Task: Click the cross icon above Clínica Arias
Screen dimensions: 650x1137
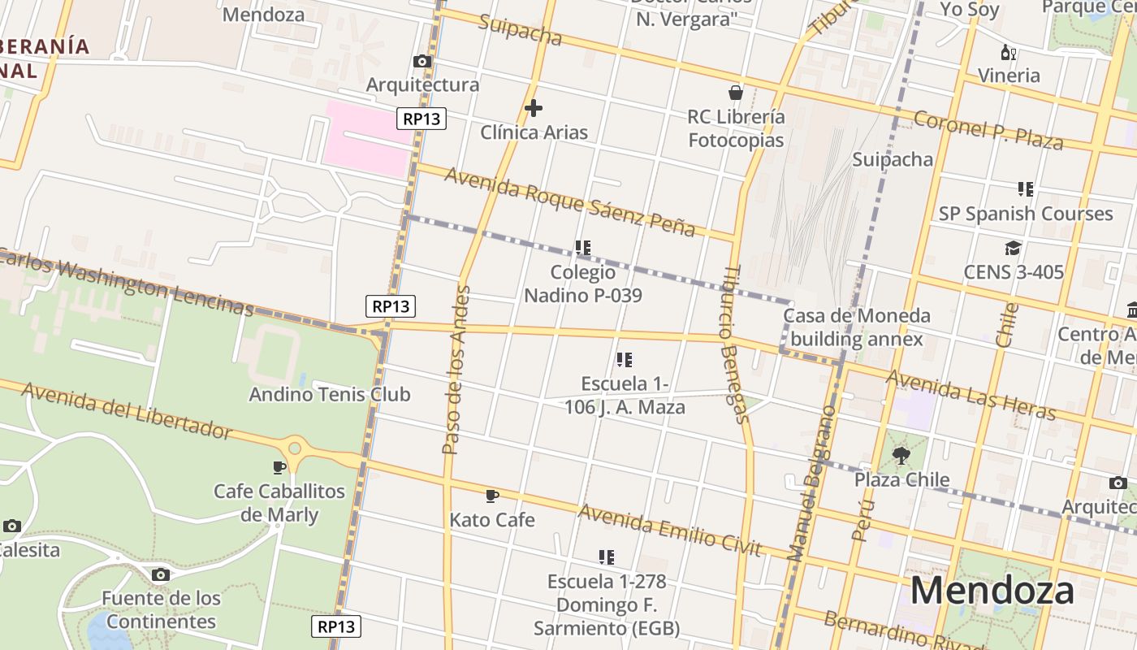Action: click(534, 107)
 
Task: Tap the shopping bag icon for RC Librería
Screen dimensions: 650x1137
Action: click(736, 93)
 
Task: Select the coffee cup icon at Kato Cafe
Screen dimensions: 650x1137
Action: click(491, 496)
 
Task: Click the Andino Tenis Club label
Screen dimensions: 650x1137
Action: click(330, 395)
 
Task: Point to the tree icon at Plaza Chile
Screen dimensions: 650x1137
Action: click(901, 455)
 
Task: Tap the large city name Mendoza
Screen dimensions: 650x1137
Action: click(992, 591)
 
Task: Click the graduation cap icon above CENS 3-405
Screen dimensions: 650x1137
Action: click(1013, 248)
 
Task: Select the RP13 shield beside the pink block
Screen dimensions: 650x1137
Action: click(422, 119)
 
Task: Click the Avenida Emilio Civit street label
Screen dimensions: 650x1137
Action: click(669, 530)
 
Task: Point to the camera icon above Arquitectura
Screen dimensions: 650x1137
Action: click(422, 61)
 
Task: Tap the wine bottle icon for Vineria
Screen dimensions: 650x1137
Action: click(1008, 53)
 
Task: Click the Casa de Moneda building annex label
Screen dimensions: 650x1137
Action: click(857, 327)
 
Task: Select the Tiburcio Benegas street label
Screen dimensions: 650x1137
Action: click(734, 344)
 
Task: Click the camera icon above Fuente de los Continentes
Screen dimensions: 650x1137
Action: click(161, 574)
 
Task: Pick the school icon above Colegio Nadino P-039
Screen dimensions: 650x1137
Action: click(582, 247)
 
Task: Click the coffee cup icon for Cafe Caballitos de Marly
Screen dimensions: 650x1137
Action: click(279, 467)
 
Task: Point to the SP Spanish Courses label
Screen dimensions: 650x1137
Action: click(1026, 214)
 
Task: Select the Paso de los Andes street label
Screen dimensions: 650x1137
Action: click(456, 370)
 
